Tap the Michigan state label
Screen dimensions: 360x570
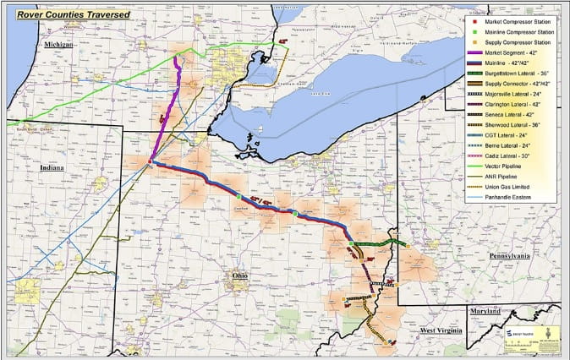click(58, 43)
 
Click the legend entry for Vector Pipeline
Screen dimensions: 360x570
click(506, 167)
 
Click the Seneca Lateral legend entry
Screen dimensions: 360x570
click(507, 115)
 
